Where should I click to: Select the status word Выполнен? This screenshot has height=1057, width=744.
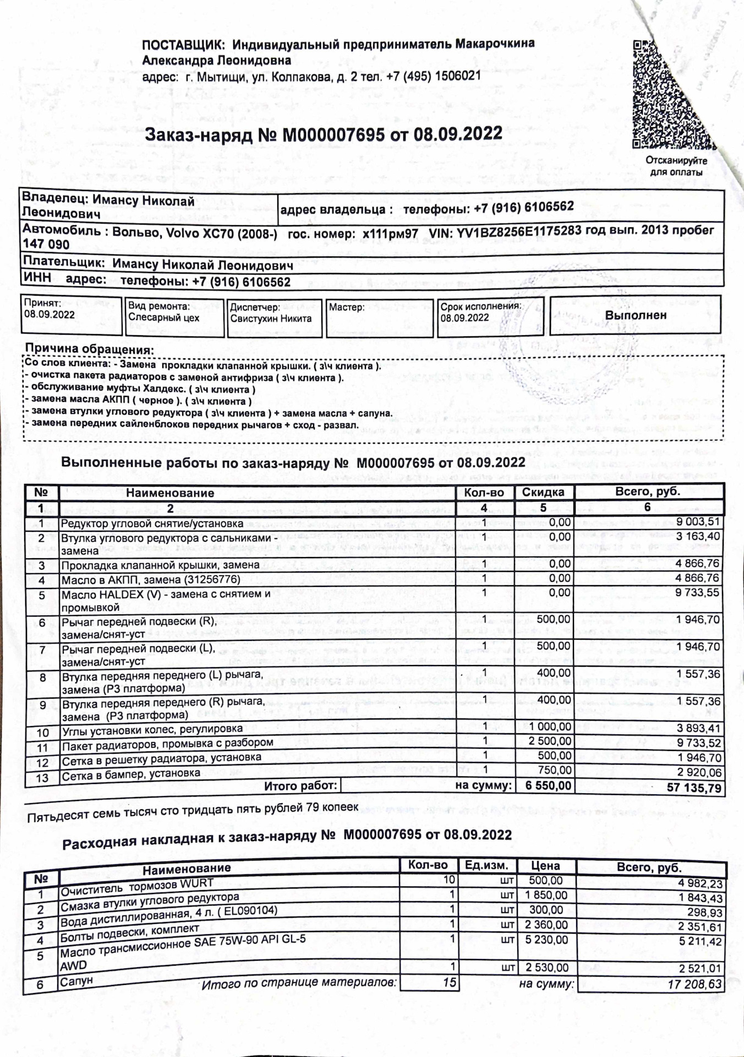coord(636,315)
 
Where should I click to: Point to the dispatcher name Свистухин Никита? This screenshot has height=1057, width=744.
coord(271,319)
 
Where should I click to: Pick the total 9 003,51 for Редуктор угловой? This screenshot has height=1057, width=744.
coord(698,521)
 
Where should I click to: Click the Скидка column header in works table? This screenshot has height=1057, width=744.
coord(543,492)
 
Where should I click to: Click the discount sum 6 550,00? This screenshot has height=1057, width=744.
coord(548,786)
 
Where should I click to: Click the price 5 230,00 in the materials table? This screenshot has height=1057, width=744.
coord(546,940)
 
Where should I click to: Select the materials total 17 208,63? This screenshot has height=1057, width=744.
coord(694,984)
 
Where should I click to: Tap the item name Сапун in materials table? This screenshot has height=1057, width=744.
coord(76,980)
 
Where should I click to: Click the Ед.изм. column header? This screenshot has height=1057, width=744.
coord(486,865)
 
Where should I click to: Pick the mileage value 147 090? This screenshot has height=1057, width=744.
coord(46,244)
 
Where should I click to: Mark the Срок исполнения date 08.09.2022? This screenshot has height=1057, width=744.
coord(464,318)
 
